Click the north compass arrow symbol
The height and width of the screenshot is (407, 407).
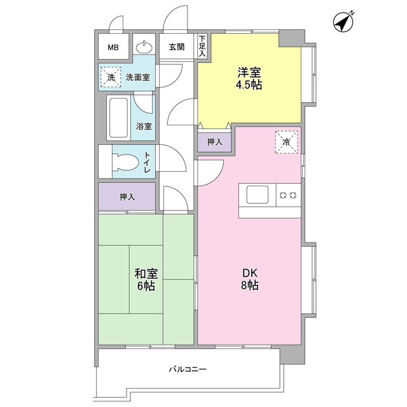[344, 22]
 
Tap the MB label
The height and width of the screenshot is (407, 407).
[113, 47]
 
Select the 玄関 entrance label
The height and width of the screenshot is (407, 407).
[176, 47]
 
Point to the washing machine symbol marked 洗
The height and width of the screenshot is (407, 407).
[111, 78]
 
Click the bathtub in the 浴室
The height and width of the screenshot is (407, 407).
[119, 118]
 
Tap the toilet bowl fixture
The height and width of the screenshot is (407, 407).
[125, 162]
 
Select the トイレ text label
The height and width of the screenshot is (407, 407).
[147, 162]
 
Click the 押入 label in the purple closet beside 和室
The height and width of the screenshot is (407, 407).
[127, 197]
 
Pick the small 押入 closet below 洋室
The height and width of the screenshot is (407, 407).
[214, 142]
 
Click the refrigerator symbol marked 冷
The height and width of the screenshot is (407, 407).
[286, 142]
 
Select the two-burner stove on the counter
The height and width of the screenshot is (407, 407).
[287, 195]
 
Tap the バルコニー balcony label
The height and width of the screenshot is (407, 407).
[188, 369]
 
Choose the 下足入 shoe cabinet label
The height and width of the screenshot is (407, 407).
[202, 47]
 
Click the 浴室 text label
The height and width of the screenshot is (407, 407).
[144, 127]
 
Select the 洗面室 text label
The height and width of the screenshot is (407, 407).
[137, 78]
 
